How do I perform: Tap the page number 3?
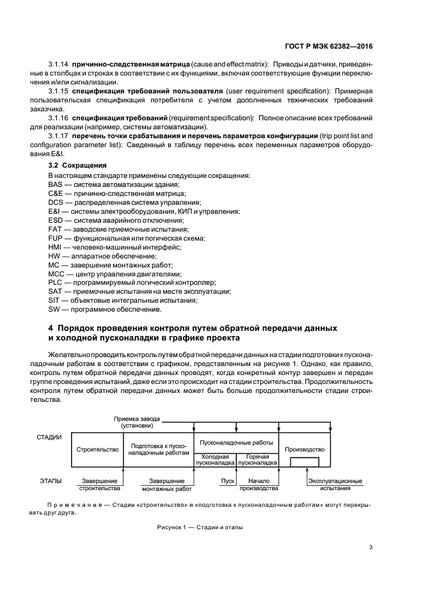point(372,547)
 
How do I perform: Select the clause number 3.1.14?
point(58,65)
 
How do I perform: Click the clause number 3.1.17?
point(58,137)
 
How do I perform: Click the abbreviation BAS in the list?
point(55,184)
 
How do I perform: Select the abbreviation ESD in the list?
point(55,220)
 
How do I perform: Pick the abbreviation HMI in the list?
point(55,246)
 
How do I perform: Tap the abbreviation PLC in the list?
point(55,282)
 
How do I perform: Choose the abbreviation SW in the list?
point(54,309)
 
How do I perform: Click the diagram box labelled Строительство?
point(97,450)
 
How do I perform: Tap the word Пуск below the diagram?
point(227,481)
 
